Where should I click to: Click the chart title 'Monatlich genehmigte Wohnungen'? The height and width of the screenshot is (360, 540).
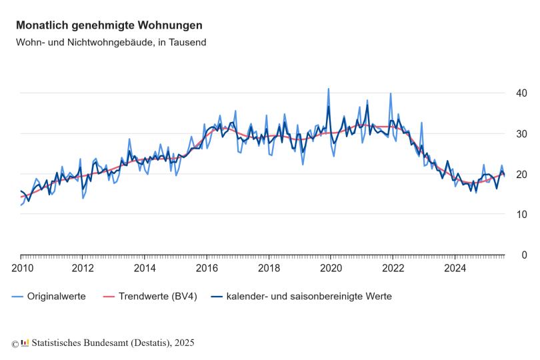coord(109,25)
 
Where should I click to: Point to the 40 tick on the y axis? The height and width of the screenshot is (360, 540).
coord(516,93)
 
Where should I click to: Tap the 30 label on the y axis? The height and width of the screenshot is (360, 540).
coord(516,134)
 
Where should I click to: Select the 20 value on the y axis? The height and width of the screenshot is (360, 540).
coord(516,175)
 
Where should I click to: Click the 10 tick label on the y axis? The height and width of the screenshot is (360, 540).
coord(516,215)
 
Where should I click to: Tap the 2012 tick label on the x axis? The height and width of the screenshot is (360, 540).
coord(83,269)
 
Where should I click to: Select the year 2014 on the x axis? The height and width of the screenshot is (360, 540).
coord(145,269)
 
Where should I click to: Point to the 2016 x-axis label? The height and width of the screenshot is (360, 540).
coord(207,269)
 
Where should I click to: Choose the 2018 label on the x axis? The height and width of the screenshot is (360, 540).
coord(269,269)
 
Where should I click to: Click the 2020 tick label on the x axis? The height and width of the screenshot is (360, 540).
coord(331,269)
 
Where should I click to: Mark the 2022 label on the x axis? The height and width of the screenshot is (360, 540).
coord(393,269)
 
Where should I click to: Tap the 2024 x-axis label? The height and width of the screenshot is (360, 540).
coord(455,269)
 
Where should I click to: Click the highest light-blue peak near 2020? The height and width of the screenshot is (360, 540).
coord(328,89)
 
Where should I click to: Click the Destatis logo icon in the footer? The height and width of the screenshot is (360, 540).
coord(25,343)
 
